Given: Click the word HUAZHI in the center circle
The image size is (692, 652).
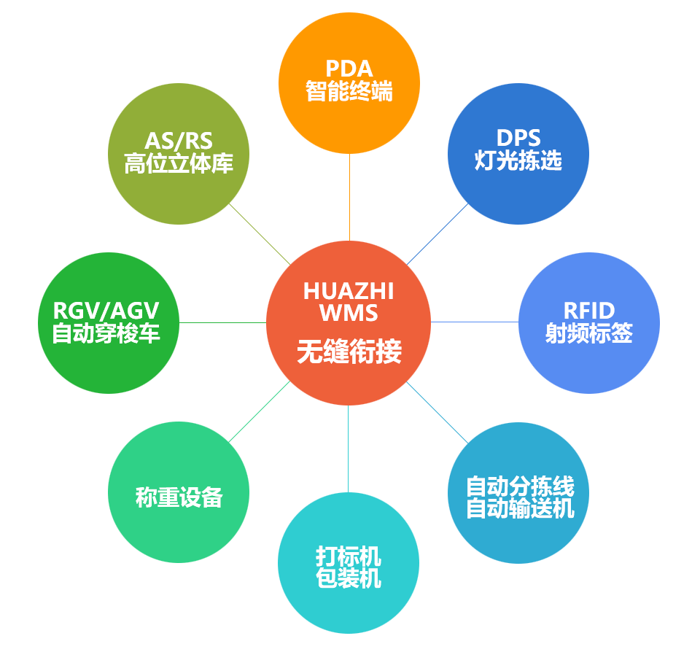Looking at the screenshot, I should (349, 291).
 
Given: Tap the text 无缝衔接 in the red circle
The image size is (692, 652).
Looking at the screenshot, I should (349, 353).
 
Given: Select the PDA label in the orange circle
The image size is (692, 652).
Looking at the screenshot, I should (349, 69).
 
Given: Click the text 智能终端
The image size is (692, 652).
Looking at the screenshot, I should (349, 92).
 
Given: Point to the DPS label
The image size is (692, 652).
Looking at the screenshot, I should (518, 138).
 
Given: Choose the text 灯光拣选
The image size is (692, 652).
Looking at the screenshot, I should (518, 160).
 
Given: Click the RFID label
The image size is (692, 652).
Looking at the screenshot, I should (589, 311).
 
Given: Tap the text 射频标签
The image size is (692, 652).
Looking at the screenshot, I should (589, 333).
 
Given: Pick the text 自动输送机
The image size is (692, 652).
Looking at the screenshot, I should (520, 508).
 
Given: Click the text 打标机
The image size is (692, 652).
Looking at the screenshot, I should (349, 556).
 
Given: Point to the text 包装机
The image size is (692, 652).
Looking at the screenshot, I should (349, 579).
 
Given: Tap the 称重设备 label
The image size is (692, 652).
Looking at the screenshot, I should (179, 497).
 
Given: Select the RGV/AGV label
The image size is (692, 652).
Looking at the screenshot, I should (106, 311).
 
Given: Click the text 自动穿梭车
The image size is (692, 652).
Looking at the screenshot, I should (106, 334).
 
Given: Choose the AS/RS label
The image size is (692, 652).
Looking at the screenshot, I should (178, 140).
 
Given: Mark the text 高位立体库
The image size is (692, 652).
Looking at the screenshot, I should (178, 163).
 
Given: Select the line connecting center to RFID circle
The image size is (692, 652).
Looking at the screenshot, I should (475, 322).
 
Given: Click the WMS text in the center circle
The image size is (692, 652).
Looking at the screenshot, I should (349, 314).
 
